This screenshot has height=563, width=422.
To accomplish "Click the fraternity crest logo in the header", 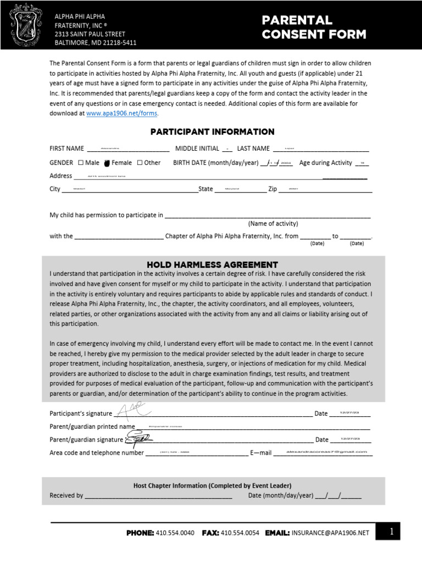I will click(26, 25).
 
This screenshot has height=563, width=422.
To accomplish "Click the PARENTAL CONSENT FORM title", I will click(314, 27).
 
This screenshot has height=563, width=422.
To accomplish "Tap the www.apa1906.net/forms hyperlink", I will click(122, 113).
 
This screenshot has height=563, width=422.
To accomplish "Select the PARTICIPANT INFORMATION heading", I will click(212, 132).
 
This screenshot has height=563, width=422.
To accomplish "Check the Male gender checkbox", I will click(81, 163).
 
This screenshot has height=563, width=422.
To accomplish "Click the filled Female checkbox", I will click(107, 163).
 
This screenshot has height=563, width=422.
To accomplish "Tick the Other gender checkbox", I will click(140, 163).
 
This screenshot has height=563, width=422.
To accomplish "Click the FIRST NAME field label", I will click(66, 148).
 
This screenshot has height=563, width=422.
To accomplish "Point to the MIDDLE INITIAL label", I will click(197, 148).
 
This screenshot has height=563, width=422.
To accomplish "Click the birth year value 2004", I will click(286, 163).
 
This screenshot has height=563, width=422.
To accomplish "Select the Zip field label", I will click(273, 189).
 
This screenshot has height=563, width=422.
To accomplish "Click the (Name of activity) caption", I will click(273, 224).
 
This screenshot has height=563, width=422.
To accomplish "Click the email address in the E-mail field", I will click(326, 451).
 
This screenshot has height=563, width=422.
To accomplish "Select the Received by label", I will click(66, 495).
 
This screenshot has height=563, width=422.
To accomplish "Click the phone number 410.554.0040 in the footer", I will click(175, 533).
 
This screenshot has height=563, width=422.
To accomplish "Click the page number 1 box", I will click(391, 532).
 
